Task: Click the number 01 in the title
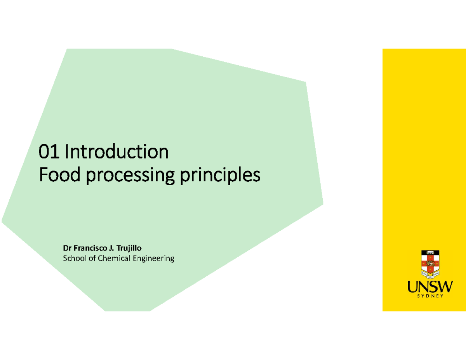point(49,151)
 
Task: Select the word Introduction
point(116,151)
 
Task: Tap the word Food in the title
point(59,174)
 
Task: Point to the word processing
point(130,176)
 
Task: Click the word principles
point(220,176)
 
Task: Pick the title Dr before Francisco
point(67,248)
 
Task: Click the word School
point(75,258)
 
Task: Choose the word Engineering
point(153,259)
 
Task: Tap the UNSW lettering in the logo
point(430,287)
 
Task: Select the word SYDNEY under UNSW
point(430,296)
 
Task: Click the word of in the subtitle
point(92,258)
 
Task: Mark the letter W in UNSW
point(445,287)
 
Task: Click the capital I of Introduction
point(67,151)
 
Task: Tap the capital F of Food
point(43,174)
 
